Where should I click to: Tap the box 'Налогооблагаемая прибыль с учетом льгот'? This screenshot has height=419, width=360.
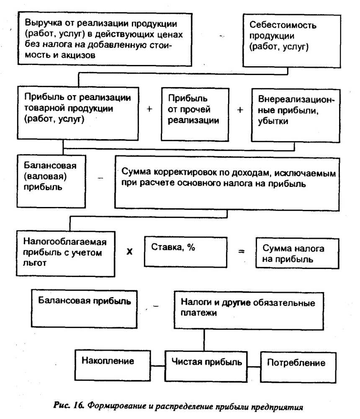coord(66,252)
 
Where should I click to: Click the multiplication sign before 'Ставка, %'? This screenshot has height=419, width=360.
coord(130,253)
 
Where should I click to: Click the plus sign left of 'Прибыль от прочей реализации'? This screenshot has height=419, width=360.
coord(149,109)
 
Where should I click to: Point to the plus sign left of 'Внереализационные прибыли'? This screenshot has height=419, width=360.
coord(240,110)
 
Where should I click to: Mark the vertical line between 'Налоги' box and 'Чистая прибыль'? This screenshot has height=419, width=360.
coord(204,340)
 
